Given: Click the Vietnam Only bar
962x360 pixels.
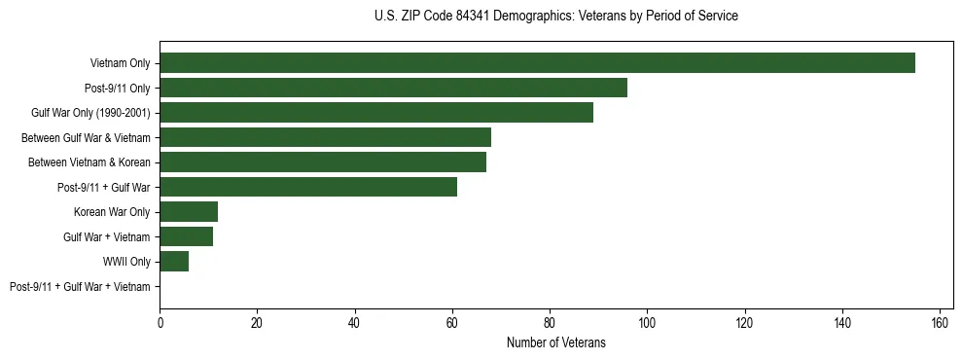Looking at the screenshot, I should point(537,63).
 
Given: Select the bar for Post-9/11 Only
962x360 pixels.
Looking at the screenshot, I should point(393,88).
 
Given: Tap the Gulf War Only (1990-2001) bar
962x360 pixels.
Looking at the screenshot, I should point(376,113).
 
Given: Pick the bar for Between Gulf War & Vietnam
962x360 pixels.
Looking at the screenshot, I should point(325,137).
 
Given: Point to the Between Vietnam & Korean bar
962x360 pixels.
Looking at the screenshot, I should point(323,162).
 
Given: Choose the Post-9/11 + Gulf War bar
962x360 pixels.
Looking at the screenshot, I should point(308,187).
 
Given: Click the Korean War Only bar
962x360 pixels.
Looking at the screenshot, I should point(189,212).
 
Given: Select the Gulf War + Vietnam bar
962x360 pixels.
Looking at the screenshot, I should point(186,236).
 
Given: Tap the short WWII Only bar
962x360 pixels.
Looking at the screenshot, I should point(174,262).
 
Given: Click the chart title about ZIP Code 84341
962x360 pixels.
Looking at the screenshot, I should point(555,17).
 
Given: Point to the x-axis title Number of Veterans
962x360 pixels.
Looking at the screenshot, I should point(555,342).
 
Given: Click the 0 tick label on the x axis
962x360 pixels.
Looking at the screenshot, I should point(160,323).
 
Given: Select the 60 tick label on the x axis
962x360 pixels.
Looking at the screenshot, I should point(452,323).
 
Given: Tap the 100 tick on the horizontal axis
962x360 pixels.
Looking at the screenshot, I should point(647,323).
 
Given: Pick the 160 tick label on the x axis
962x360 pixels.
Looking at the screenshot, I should point(940,323).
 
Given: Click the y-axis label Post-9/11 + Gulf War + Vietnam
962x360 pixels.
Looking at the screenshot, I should point(80,287).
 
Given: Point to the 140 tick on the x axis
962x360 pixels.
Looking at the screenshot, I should point(842,323).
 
